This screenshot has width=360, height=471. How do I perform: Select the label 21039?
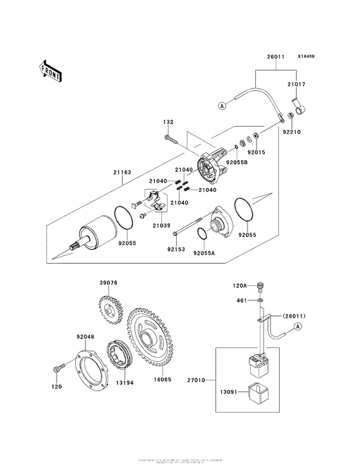click(161, 226)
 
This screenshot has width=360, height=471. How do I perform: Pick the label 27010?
click(195, 381)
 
